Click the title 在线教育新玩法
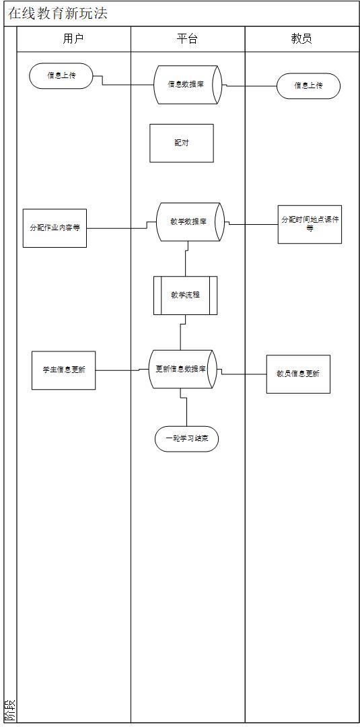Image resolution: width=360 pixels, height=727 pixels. point(57,13)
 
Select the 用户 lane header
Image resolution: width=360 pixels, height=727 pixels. point(73,39)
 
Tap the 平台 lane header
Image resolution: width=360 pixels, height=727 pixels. point(187,39)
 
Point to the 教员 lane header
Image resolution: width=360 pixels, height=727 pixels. point(301,39)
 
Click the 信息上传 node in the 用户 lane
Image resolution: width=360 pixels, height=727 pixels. point(61,75)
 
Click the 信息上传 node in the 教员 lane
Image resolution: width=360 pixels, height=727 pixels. point(308,85)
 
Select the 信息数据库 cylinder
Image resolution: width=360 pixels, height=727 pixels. point(188,84)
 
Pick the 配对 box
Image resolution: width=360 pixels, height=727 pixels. point(181,143)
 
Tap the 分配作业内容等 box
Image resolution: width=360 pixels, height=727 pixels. point(55,228)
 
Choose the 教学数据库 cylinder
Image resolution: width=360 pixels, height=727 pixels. point(189,221)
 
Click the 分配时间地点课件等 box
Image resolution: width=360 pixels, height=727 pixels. point(310,224)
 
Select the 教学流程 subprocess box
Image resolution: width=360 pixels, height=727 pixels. point(185,295)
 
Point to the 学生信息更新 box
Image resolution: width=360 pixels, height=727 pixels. point(63,370)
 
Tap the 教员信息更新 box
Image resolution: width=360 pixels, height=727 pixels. point(298,374)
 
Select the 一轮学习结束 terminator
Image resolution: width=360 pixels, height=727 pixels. point(186,439)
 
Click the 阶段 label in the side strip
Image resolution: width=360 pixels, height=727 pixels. point(9,710)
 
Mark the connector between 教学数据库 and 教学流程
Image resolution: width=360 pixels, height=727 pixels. point(186,259)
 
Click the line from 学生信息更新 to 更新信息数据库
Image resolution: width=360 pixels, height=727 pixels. point(121,370)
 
